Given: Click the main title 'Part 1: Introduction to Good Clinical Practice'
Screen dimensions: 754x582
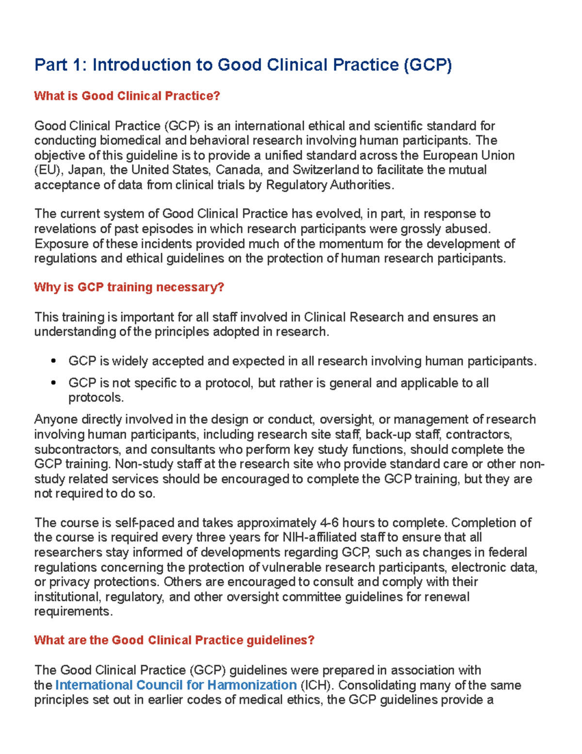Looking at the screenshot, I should (x=242, y=65).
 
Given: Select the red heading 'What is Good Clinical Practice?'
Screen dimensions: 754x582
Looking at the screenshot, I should (x=127, y=96).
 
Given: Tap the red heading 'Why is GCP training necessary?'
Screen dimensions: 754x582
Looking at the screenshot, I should (x=129, y=287).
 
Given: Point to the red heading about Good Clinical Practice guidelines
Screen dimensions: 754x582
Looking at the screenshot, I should (x=174, y=640).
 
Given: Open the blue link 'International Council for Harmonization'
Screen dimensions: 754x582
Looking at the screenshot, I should (x=176, y=685).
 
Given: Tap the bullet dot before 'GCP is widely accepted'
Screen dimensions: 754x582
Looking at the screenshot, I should (x=53, y=361).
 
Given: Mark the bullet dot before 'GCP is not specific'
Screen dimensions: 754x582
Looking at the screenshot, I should (x=53, y=383).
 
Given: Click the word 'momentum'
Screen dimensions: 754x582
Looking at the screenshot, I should (x=349, y=244).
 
